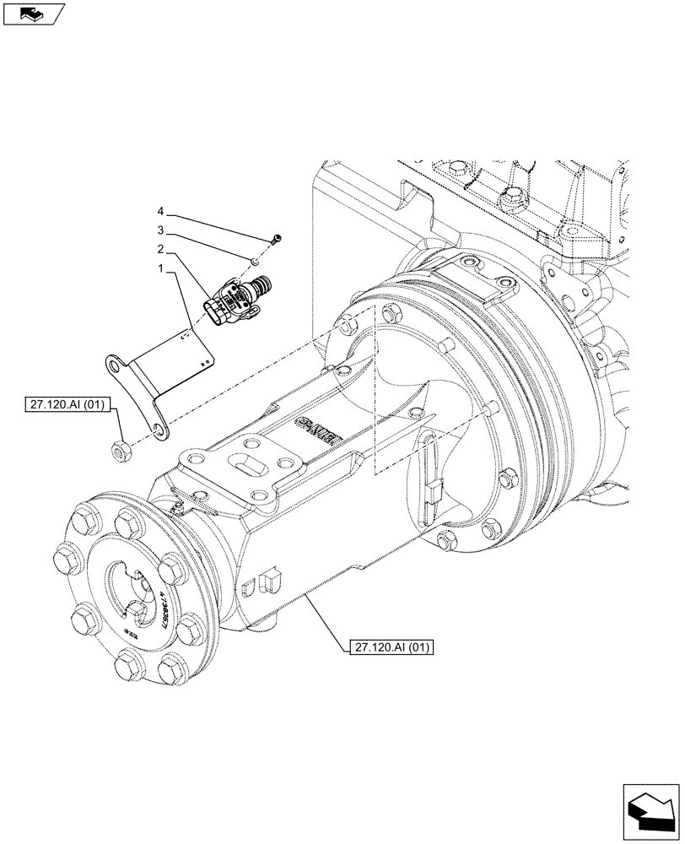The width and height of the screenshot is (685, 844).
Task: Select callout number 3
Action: pos(160,230)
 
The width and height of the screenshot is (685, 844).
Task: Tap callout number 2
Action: pos(160,251)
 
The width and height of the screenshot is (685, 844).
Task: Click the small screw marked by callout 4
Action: pos(278,241)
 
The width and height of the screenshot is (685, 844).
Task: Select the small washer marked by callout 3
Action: pos(253,259)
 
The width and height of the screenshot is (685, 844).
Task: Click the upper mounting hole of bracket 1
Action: pos(112,365)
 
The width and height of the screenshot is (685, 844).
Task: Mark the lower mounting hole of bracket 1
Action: pos(157,434)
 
